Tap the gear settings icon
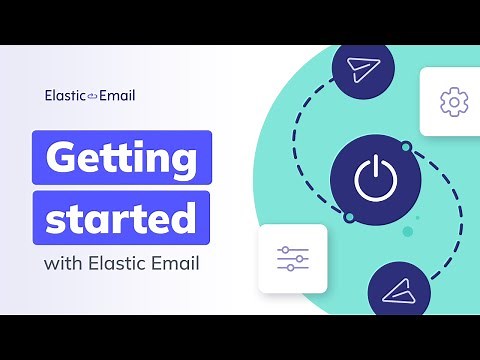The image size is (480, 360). pyautogui.click(x=453, y=101)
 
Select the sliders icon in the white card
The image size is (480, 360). pyautogui.click(x=293, y=259)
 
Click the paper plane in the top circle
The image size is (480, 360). pyautogui.click(x=360, y=71)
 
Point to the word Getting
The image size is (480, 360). pyautogui.click(x=123, y=158)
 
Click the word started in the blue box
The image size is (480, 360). pyautogui.click(x=123, y=216)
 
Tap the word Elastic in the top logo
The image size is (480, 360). pyautogui.click(x=65, y=96)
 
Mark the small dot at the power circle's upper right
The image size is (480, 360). pyautogui.click(x=406, y=147)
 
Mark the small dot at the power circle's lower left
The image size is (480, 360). pyautogui.click(x=348, y=217)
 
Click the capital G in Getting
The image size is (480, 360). pyautogui.click(x=64, y=158)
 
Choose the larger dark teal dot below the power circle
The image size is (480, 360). pyautogui.click(x=407, y=231)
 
